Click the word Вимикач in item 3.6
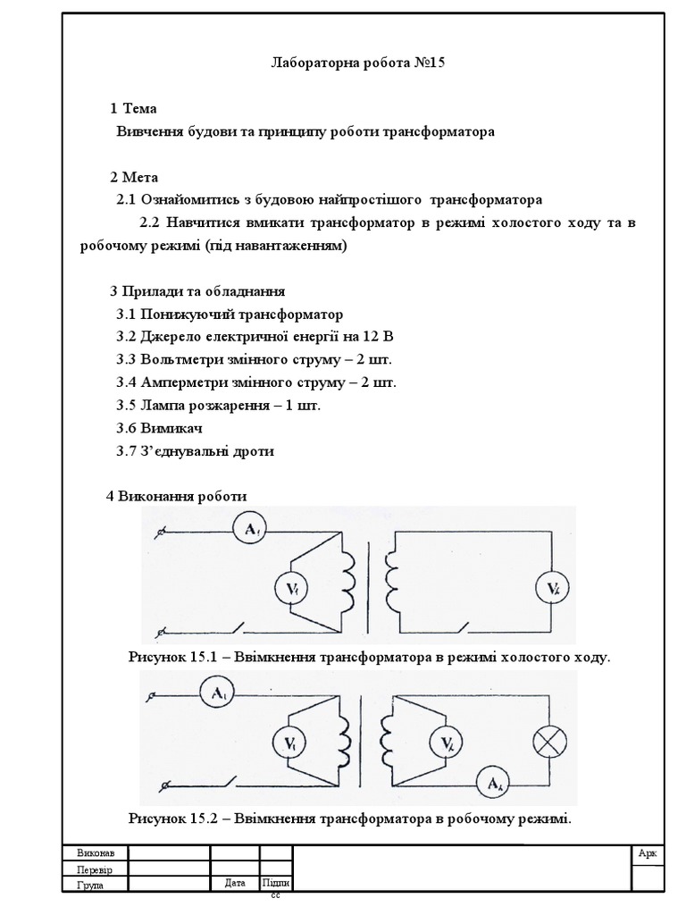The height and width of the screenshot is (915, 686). click(x=164, y=428)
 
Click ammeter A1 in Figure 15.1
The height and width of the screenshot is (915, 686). click(x=251, y=532)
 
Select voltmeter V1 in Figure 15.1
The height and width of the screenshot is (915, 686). click(x=293, y=588)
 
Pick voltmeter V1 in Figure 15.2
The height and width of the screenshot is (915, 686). click(x=290, y=743)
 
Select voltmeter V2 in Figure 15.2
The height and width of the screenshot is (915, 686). click(x=446, y=743)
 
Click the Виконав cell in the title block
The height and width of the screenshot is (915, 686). click(x=91, y=852)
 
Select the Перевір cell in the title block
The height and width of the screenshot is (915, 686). click(x=92, y=869)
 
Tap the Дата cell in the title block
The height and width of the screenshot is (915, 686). click(x=235, y=883)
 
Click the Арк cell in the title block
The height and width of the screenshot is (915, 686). click(x=648, y=853)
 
